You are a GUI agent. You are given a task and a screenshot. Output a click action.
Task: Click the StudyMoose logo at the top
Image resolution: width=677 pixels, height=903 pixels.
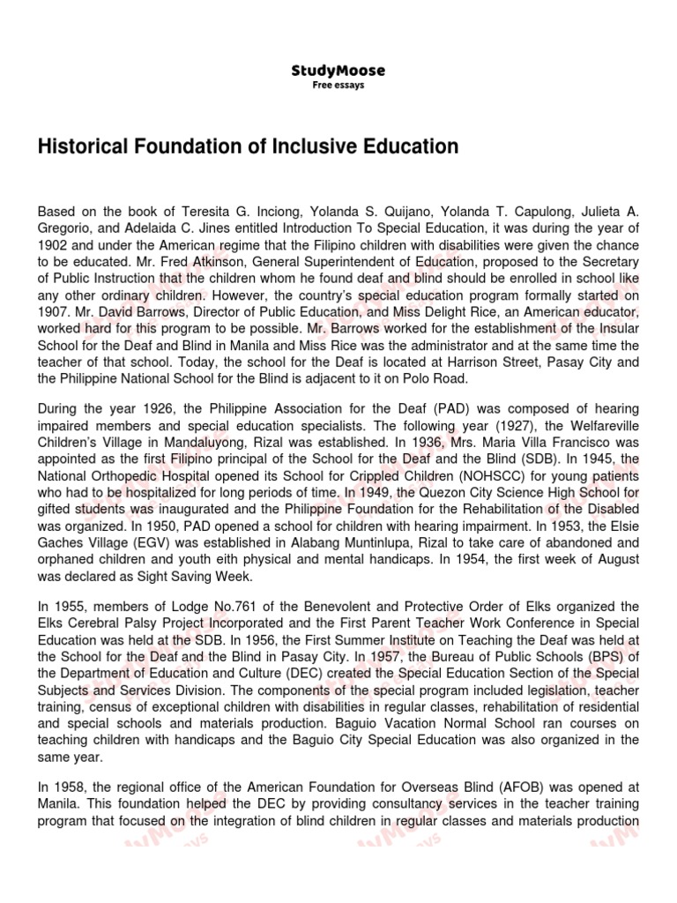pos(338,71)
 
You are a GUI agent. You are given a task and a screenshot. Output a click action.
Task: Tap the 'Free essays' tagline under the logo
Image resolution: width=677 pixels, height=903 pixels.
pos(338,86)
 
